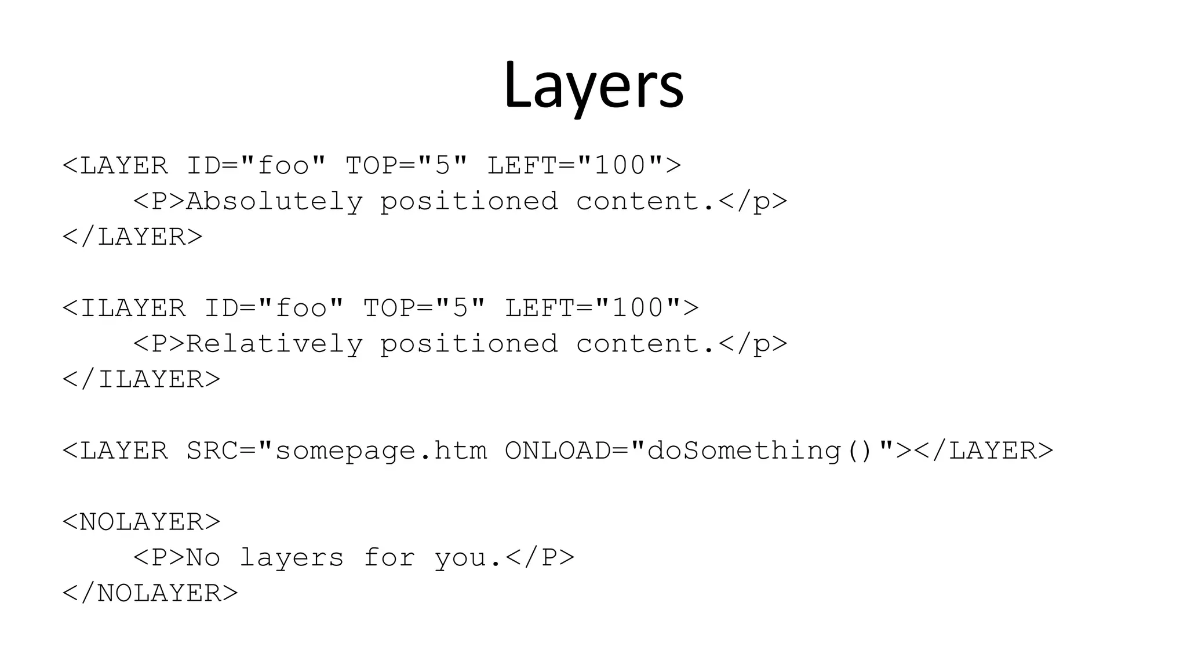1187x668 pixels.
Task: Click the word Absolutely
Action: click(x=274, y=201)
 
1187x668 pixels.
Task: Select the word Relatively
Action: click(x=274, y=344)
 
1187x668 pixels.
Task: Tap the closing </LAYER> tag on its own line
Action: click(x=133, y=237)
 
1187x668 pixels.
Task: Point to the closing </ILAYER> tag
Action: click(x=141, y=379)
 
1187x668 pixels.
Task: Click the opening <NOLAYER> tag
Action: click(x=141, y=521)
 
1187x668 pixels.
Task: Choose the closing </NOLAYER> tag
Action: click(x=150, y=593)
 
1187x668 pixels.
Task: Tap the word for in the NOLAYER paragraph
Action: click(x=389, y=557)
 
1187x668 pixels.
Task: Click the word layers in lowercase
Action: click(x=292, y=557)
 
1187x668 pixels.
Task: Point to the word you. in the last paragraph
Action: click(x=468, y=557)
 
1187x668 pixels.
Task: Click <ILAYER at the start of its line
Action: click(x=124, y=308)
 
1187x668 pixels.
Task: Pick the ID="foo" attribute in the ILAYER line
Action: click(x=274, y=308)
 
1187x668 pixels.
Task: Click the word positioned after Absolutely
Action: click(x=469, y=201)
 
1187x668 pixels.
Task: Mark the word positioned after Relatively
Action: click(x=469, y=344)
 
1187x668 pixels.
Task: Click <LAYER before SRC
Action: click(x=115, y=451)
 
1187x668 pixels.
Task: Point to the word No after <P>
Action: click(x=203, y=557)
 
